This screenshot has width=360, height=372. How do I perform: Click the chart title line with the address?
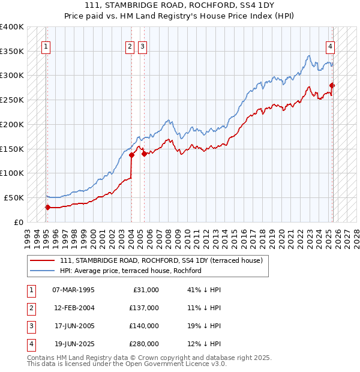pyautogui.click(x=179, y=6)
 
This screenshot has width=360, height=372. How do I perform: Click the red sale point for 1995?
pyautogui.click(x=47, y=207)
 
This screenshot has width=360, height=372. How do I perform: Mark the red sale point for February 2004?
pyautogui.click(x=131, y=155)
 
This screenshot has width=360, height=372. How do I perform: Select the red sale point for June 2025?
pyautogui.click(x=332, y=85)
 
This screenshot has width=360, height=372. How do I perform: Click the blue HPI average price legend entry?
pyautogui.click(x=130, y=271)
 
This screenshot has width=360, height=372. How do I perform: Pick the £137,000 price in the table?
pyautogui.click(x=144, y=308)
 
